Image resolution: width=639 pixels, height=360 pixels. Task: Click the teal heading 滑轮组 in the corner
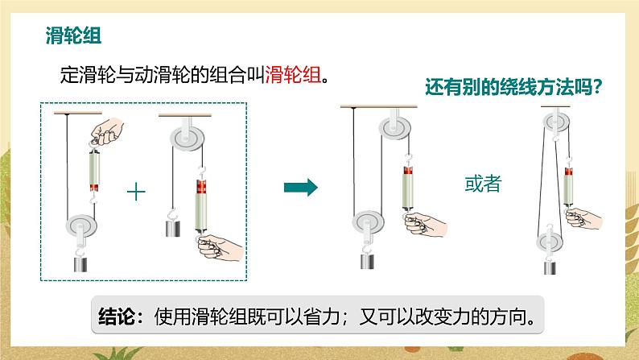[73, 35]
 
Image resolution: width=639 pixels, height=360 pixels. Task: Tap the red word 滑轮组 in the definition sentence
[293, 75]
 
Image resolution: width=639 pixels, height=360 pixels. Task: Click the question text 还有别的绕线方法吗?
[513, 87]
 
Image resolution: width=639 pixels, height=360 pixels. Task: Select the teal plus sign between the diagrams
[136, 192]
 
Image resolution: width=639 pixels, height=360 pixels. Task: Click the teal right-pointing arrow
[301, 188]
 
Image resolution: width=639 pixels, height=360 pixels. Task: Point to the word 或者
[483, 184]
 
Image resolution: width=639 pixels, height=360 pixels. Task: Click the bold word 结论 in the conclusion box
[117, 316]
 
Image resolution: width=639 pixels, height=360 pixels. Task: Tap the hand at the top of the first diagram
[107, 131]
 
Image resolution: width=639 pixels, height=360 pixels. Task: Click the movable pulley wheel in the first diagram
[81, 226]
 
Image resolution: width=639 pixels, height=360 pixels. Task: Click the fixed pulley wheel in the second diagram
[187, 138]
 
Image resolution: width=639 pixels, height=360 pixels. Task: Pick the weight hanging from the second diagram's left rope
[173, 228]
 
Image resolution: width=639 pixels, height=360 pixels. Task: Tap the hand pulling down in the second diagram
[221, 247]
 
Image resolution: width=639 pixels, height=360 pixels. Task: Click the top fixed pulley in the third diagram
[395, 128]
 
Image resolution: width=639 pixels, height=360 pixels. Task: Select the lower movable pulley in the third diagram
[368, 222]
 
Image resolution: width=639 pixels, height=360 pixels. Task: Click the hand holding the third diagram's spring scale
[425, 225]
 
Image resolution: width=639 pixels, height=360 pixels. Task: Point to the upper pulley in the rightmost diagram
[556, 122]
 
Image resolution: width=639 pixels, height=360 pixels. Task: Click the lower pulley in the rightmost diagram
[550, 242]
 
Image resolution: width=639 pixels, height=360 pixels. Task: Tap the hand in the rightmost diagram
[583, 218]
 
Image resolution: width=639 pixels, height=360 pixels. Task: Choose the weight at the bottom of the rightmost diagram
[550, 268]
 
